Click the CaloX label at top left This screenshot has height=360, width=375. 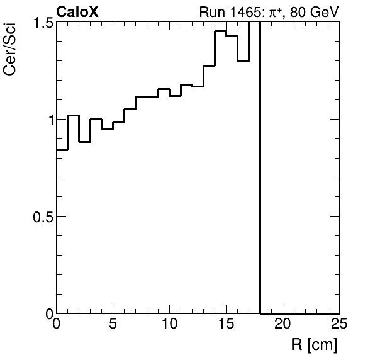pyautogui.click(x=77, y=12)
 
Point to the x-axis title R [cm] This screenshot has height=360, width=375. pyautogui.click(x=314, y=345)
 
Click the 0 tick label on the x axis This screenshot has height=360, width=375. pyautogui.click(x=57, y=325)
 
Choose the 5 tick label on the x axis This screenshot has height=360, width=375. pyautogui.click(x=113, y=325)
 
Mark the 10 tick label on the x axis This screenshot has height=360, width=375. pyautogui.click(x=170, y=325)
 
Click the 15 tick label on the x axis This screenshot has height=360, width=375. pyautogui.click(x=226, y=325)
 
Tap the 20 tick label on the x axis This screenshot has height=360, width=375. pyautogui.click(x=283, y=325)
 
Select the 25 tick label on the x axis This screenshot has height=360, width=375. pyautogui.click(x=339, y=325)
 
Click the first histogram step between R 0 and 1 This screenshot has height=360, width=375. pyautogui.click(x=62, y=150)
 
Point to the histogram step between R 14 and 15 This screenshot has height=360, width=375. pyautogui.click(x=220, y=31)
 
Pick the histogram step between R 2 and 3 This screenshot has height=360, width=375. pyautogui.click(x=85, y=142)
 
